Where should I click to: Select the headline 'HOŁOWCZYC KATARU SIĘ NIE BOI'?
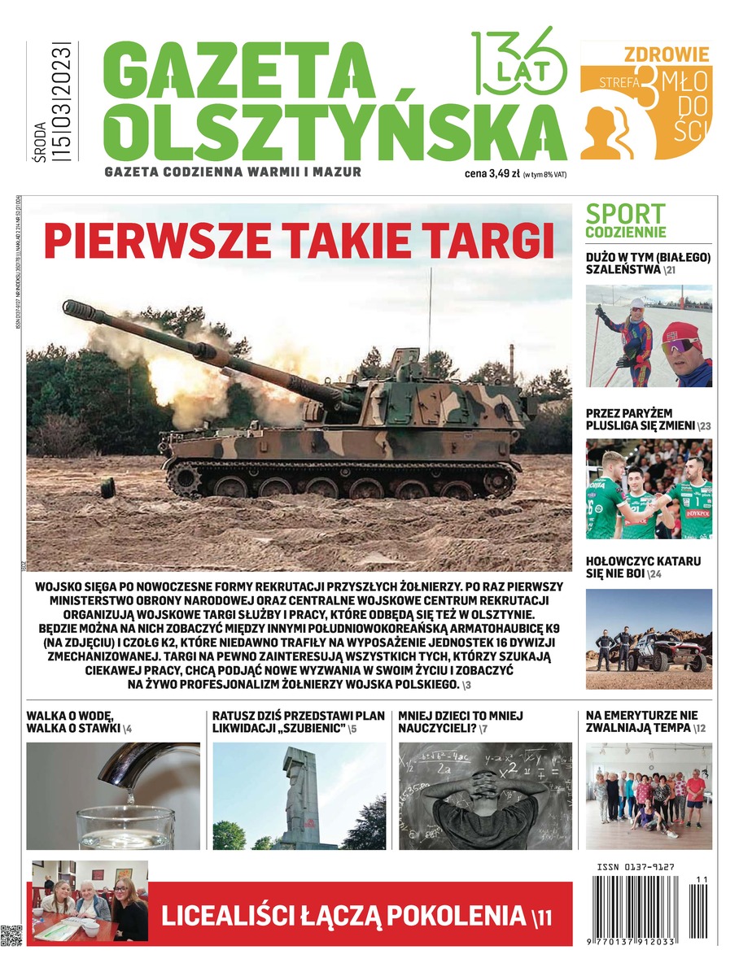(643, 567)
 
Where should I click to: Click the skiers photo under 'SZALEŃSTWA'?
(649, 336)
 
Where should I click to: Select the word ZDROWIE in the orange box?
(667, 55)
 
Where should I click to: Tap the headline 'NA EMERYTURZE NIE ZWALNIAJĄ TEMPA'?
(643, 721)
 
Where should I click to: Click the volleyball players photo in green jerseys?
(649, 490)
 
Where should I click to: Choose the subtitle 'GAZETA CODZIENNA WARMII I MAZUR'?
(233, 172)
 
